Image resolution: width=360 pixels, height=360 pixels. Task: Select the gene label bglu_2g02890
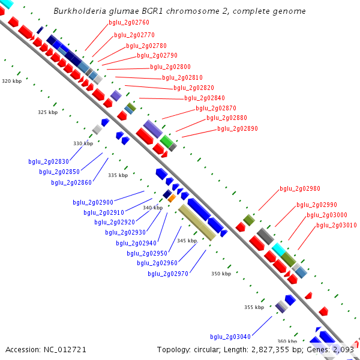[x=237, y=128]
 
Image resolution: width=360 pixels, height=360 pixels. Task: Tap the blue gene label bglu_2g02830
[x=49, y=161]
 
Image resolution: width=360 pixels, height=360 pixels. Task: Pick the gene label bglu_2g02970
[x=168, y=274]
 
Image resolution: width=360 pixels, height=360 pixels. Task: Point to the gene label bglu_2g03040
[x=230, y=337]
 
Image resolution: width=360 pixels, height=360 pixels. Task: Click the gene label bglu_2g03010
[x=336, y=225]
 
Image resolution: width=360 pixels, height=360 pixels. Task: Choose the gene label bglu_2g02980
[x=299, y=188]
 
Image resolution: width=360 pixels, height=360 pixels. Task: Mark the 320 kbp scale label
[x=11, y=81]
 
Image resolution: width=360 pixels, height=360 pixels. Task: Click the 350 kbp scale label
[x=221, y=274]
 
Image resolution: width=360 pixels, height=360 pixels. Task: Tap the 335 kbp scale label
[x=118, y=175]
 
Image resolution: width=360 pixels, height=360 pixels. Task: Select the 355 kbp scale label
[x=254, y=307]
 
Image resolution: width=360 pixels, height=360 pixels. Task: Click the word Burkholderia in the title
[x=77, y=11]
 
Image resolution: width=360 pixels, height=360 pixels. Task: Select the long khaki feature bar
[x=197, y=222]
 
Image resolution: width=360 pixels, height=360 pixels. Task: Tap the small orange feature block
[x=172, y=197]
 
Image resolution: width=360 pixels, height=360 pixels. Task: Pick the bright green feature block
[x=166, y=141]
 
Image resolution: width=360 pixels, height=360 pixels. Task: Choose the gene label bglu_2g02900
[x=93, y=202]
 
